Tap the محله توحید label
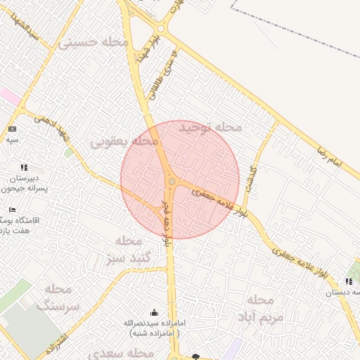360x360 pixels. (210, 127)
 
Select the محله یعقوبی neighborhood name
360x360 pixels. (124, 141)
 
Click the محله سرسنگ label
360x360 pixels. (58, 297)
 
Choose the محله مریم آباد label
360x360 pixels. (259, 307)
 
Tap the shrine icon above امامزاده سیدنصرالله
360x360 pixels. (155, 312)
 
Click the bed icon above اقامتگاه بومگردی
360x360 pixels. (12, 210)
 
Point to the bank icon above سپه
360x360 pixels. (12, 129)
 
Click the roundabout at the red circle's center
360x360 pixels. (172, 181)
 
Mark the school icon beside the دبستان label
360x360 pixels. (349, 282)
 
